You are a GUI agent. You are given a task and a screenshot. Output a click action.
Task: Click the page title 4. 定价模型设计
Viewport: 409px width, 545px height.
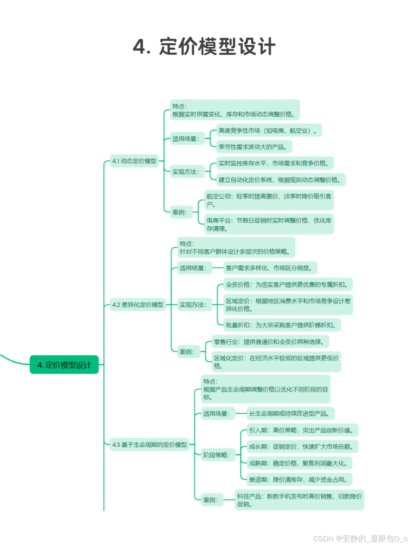point(204,47)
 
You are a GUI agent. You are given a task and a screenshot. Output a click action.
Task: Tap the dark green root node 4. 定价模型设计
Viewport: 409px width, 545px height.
point(64,365)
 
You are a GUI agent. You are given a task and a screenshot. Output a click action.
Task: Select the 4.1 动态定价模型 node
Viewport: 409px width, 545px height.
point(134,161)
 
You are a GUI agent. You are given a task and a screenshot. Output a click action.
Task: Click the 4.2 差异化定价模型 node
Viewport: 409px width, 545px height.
point(138,305)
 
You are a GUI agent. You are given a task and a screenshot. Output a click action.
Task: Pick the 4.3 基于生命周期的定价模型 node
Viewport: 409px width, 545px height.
point(150,445)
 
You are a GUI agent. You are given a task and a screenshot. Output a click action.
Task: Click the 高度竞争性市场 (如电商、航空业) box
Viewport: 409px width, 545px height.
point(269,131)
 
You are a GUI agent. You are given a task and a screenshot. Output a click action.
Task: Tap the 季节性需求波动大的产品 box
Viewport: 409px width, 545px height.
point(254,147)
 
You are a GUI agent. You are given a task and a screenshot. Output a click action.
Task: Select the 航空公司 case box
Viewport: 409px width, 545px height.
point(269,200)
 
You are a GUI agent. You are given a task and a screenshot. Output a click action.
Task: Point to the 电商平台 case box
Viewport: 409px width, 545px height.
point(269,224)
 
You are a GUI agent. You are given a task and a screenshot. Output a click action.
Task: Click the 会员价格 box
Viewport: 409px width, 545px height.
point(288,285)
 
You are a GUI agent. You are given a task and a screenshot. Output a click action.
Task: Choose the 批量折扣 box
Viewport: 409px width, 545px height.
point(282,325)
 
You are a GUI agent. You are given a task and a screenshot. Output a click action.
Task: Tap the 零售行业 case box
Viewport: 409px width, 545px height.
point(270,342)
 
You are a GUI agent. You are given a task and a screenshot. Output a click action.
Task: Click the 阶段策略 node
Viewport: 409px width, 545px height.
point(216,455)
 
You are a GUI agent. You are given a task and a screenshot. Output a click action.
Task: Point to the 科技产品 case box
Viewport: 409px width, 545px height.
point(299,500)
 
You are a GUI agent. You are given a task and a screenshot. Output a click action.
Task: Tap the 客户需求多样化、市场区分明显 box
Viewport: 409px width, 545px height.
point(270,268)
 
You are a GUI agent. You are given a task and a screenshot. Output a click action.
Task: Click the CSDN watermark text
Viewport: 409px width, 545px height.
point(360,539)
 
